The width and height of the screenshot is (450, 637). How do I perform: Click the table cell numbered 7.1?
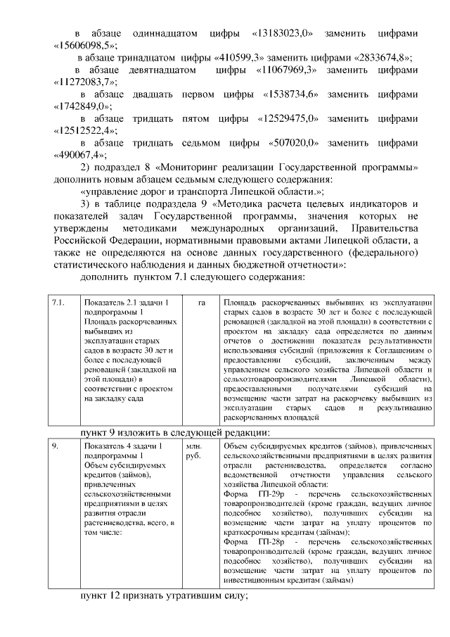pyautogui.click(x=59, y=303)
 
